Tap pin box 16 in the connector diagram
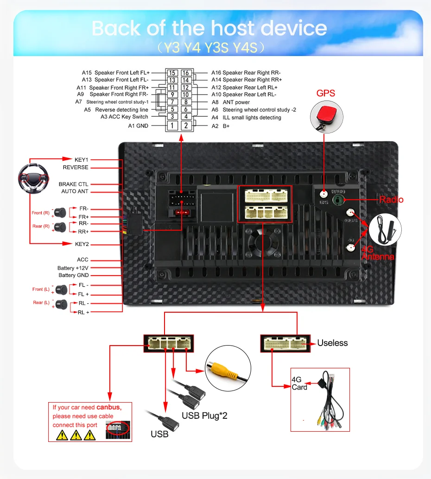[x=185, y=73]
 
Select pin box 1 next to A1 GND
[x=172, y=126]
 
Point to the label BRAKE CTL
[x=73, y=184]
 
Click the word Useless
[x=332, y=343]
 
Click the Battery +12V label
[x=73, y=268]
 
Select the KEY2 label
[x=82, y=244]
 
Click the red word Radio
[x=391, y=200]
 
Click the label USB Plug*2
[x=204, y=416]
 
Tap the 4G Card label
[x=299, y=383]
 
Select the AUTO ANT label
[x=75, y=191]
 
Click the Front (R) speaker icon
[x=60, y=213]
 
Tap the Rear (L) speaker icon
[x=61, y=304]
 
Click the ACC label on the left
[x=82, y=260]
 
